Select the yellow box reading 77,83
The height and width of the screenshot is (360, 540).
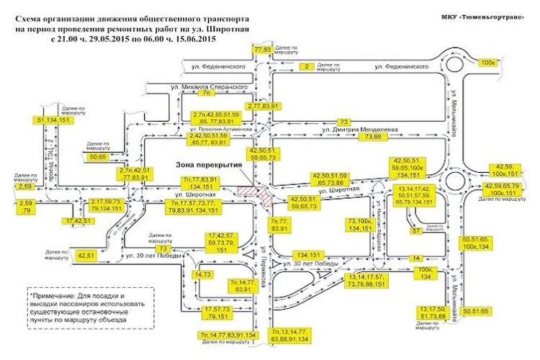coord(262,49)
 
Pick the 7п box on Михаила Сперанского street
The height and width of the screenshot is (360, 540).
coord(207,93)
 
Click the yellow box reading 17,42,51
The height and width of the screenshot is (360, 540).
coord(78,220)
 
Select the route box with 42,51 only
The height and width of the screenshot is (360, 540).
coord(86,255)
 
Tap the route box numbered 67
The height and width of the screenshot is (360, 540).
coord(415,230)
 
